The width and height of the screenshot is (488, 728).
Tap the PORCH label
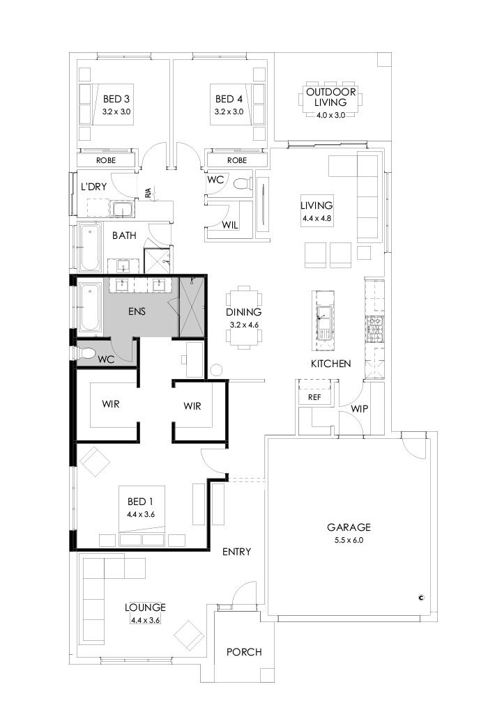(x=244, y=652)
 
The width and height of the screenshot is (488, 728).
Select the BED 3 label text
(x=116, y=99)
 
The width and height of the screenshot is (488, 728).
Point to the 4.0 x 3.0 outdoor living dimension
(x=330, y=115)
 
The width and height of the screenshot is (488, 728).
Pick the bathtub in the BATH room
(x=89, y=249)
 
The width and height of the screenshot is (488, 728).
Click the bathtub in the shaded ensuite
(x=89, y=307)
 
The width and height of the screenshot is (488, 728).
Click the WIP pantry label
(x=360, y=408)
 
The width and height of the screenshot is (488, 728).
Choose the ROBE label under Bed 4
(x=237, y=160)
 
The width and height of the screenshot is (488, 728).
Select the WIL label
(x=231, y=225)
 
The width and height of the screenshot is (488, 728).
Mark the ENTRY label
(x=236, y=552)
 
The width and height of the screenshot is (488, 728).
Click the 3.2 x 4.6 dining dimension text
(x=243, y=325)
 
